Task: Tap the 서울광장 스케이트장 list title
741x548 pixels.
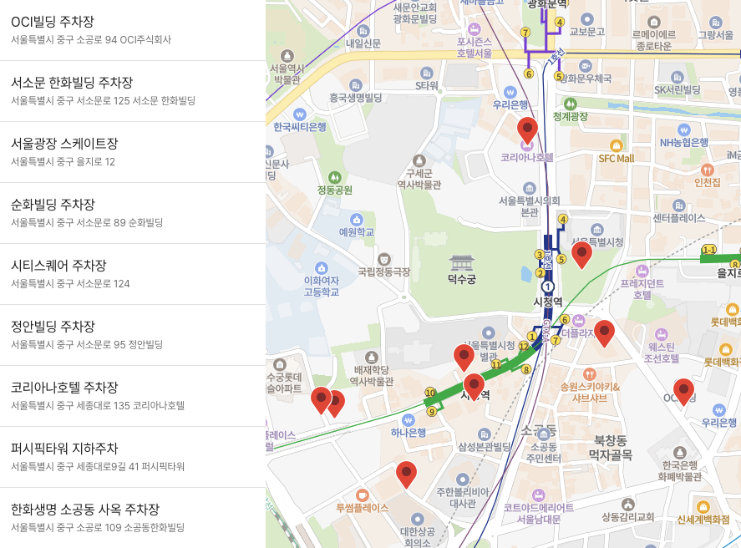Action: [64, 144]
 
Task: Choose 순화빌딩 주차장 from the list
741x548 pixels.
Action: [53, 205]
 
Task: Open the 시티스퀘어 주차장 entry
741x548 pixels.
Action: [58, 266]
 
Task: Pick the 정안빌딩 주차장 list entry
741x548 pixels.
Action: [53, 327]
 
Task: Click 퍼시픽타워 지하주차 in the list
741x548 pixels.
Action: [64, 449]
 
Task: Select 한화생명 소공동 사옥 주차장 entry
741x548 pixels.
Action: [85, 510]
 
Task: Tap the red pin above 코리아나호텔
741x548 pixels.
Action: [527, 129]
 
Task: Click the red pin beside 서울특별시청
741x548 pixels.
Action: [581, 254]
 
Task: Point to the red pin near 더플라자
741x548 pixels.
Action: [604, 332]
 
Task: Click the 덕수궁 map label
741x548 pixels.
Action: [461, 280]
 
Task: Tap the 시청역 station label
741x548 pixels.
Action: [548, 302]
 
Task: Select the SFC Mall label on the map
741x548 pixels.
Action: [617, 158]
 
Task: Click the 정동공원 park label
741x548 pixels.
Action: [334, 190]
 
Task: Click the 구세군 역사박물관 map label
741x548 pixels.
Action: [424, 179]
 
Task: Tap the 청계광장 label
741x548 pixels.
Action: [571, 116]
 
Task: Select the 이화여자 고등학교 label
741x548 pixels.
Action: [322, 287]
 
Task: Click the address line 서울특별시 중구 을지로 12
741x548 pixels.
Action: [63, 161]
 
